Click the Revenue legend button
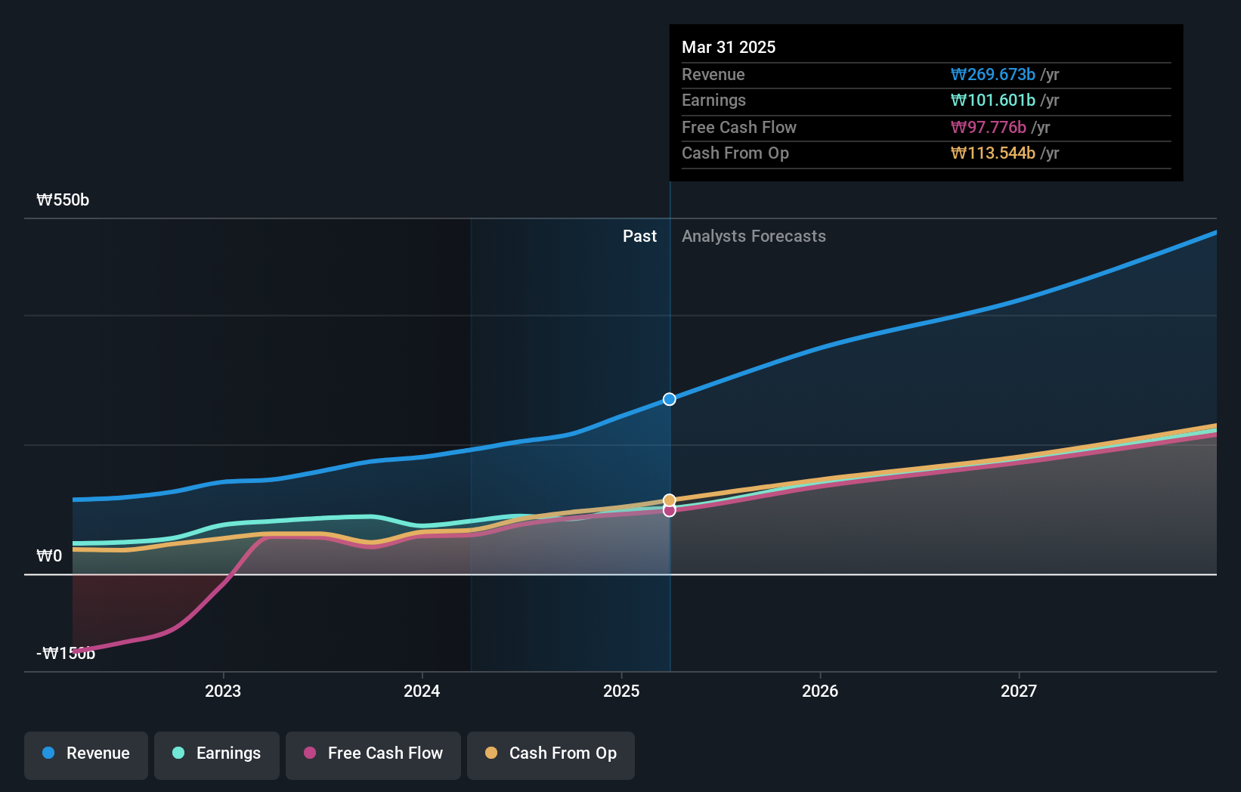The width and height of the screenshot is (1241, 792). click(x=86, y=753)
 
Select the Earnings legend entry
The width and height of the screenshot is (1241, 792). click(x=217, y=753)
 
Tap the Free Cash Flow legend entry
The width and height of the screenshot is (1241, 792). click(x=373, y=753)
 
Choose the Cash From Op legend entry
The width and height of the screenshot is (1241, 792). click(x=551, y=753)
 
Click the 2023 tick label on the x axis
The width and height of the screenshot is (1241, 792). click(x=223, y=691)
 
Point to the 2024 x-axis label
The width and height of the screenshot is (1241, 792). click(x=422, y=691)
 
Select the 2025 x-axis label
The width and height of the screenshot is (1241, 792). click(x=621, y=691)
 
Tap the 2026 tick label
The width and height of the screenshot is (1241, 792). click(x=820, y=691)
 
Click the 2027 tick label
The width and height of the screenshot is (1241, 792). click(x=1019, y=691)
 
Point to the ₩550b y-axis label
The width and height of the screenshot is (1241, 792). click(x=63, y=200)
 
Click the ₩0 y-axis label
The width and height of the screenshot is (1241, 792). click(x=49, y=556)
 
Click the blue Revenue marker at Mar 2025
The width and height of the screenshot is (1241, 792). click(x=670, y=399)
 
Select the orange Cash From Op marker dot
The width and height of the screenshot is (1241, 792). click(x=670, y=500)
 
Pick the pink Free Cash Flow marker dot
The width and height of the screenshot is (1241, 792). click(x=670, y=511)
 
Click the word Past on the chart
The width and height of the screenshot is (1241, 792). click(x=639, y=237)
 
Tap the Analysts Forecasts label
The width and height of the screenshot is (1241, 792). click(x=754, y=237)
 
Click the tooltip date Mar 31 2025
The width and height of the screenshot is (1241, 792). click(x=729, y=47)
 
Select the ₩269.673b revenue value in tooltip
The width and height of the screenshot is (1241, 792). click(x=992, y=75)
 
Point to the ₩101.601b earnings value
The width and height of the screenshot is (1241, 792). click(x=992, y=101)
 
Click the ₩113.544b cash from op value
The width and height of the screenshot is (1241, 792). click(x=992, y=153)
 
